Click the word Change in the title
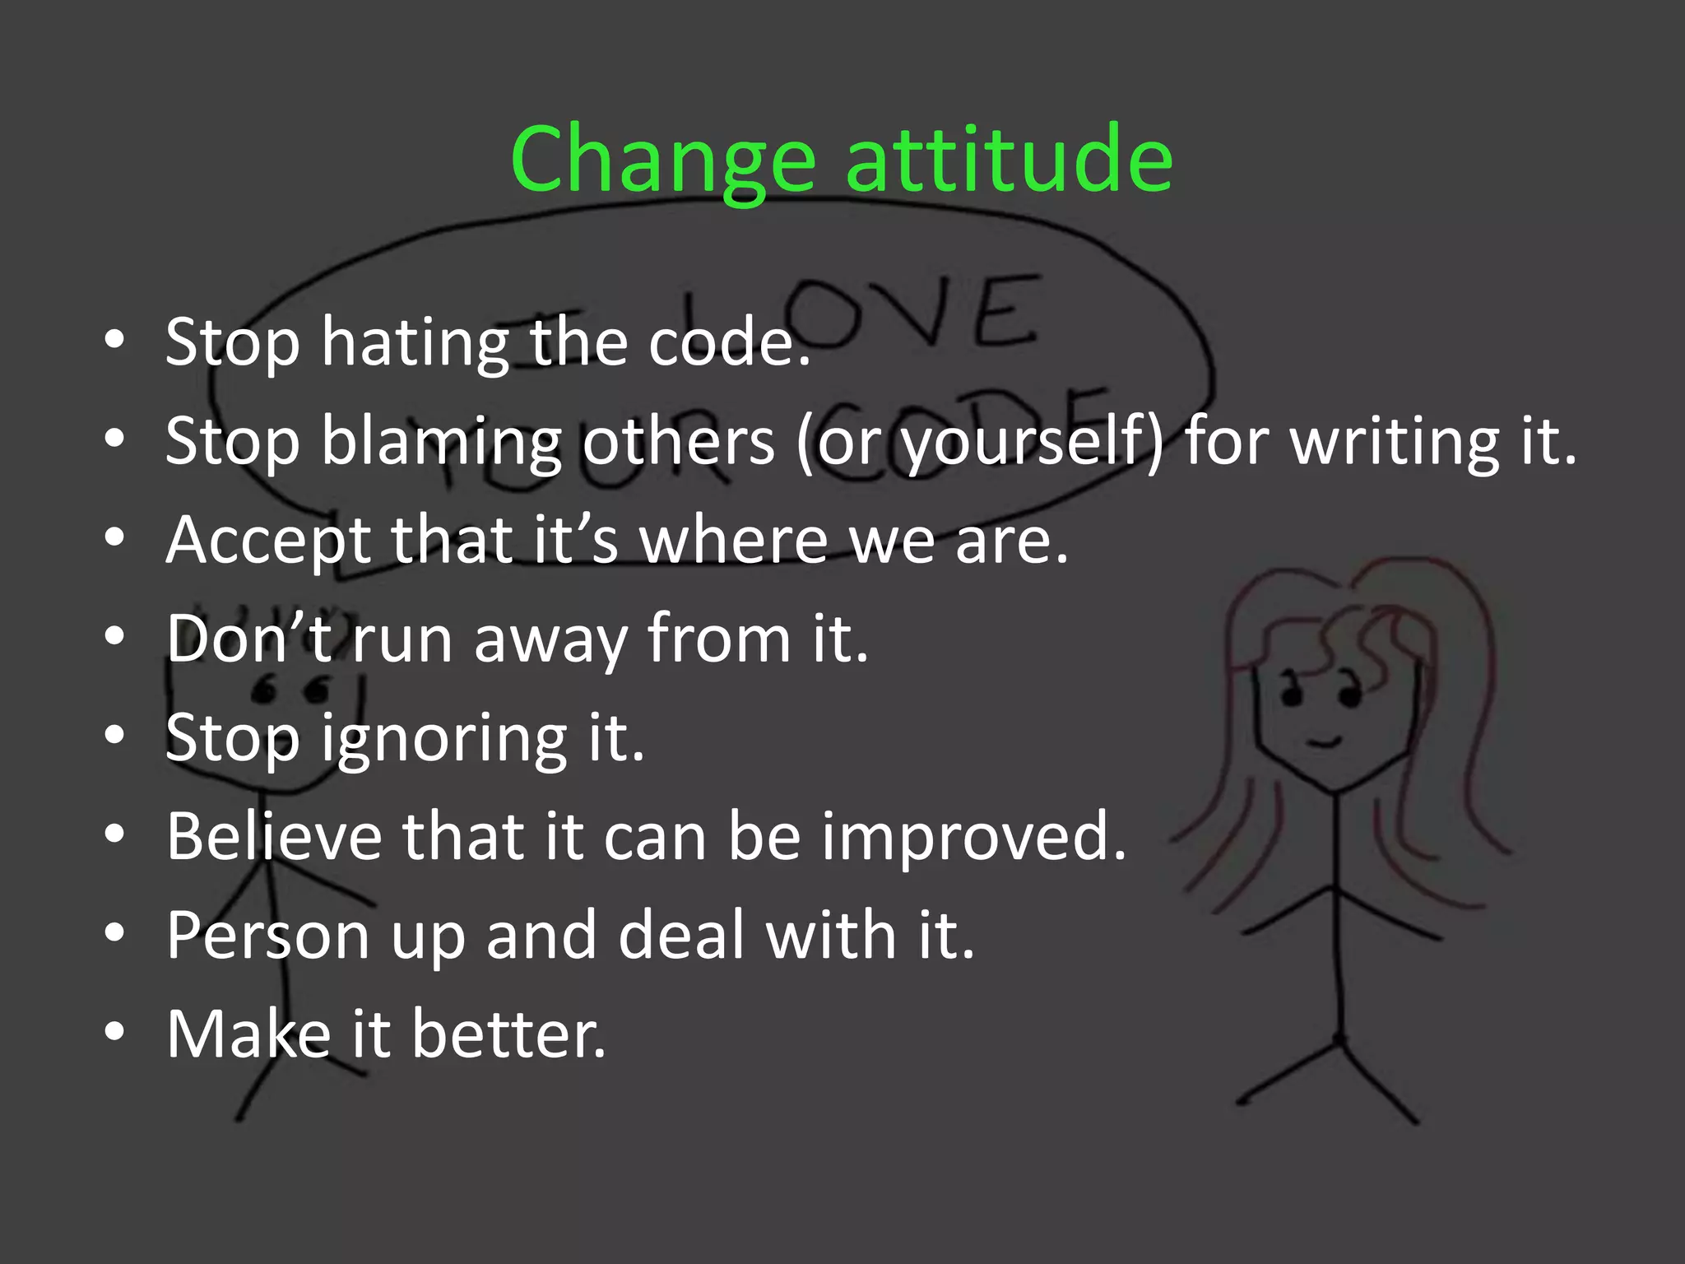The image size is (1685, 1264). [662, 160]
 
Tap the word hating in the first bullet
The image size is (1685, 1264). [415, 343]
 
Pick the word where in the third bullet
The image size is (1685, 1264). [734, 541]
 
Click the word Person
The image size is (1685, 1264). [267, 936]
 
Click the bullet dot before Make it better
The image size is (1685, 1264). [115, 1032]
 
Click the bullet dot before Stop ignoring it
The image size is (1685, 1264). [115, 735]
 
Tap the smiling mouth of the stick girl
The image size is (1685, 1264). [1325, 742]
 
